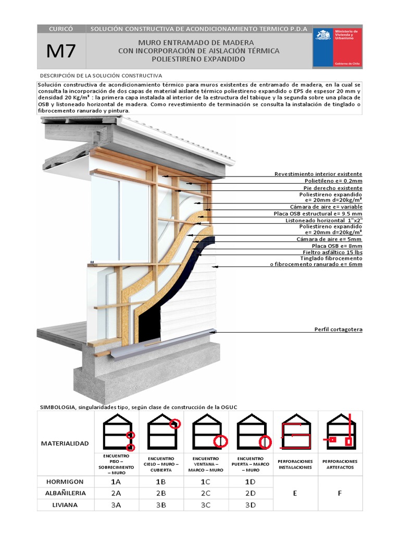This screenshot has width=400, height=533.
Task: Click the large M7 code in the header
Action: tap(61, 51)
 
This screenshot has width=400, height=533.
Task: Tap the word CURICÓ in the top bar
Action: tap(61, 29)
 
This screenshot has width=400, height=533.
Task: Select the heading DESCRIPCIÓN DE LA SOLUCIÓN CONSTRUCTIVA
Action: tap(101, 75)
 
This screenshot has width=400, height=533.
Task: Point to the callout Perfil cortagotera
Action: tap(338, 329)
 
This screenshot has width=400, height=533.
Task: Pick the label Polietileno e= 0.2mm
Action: tap(333, 181)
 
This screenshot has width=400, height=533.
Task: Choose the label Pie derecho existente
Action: tap(333, 187)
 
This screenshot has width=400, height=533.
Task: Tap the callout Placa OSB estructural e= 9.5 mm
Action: tap(318, 213)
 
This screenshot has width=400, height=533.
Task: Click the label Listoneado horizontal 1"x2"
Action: tap(324, 220)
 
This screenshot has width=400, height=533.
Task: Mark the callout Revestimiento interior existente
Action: tap(318, 174)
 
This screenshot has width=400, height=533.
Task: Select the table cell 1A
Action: tap(116, 482)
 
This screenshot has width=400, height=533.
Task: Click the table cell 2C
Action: tap(206, 493)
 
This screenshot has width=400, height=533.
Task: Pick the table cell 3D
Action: tap(251, 504)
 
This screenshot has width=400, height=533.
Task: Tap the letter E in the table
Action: tap(295, 493)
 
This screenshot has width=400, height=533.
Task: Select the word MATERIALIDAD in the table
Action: tap(65, 443)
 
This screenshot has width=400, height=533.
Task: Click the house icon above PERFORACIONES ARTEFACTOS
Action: tap(340, 432)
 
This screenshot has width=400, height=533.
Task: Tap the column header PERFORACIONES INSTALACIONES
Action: tap(295, 464)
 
